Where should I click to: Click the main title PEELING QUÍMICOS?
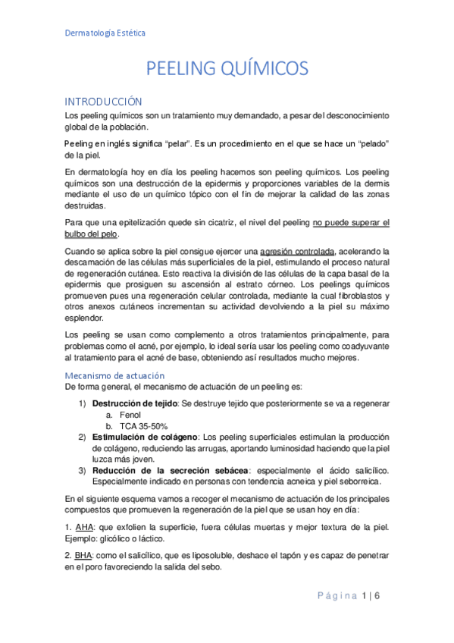[227, 69]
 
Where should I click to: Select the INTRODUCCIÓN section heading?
[103, 101]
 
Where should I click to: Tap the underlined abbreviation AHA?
[74, 527]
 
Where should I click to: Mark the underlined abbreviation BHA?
[74, 556]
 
